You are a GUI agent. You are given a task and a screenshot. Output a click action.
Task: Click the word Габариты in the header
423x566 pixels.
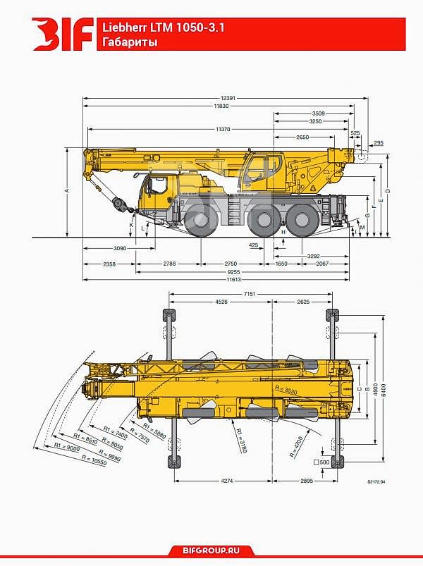pos(128,42)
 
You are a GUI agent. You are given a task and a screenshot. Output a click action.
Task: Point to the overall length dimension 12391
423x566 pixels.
pos(226,97)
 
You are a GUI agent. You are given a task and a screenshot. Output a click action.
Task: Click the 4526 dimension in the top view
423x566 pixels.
pos(221,303)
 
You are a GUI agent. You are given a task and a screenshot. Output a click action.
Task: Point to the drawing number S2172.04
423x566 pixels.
pos(377,483)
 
